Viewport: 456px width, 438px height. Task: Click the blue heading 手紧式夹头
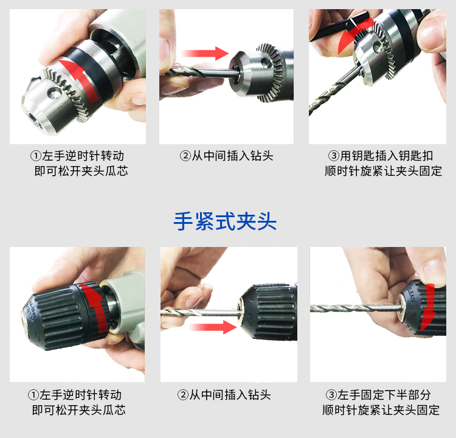click(x=225, y=221)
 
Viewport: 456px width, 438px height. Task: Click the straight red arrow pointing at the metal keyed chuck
click(x=205, y=54)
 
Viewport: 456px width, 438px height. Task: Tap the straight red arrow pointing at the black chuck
click(x=213, y=327)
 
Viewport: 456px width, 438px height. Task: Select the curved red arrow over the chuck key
click(x=353, y=34)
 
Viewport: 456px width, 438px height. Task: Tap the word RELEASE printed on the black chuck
click(x=411, y=294)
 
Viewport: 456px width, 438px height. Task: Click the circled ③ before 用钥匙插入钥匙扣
click(x=334, y=156)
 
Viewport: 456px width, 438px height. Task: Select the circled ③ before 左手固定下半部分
click(x=331, y=395)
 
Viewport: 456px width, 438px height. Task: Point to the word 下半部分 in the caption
click(x=407, y=395)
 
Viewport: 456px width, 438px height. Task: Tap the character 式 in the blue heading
click(x=225, y=221)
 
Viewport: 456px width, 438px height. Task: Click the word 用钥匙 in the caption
click(x=358, y=156)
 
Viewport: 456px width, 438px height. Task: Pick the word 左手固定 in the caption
click(x=361, y=395)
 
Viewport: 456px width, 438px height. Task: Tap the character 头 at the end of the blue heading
click(x=267, y=221)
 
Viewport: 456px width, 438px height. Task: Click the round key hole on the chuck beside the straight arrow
click(x=266, y=63)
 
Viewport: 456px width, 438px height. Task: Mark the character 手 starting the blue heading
click(x=184, y=221)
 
